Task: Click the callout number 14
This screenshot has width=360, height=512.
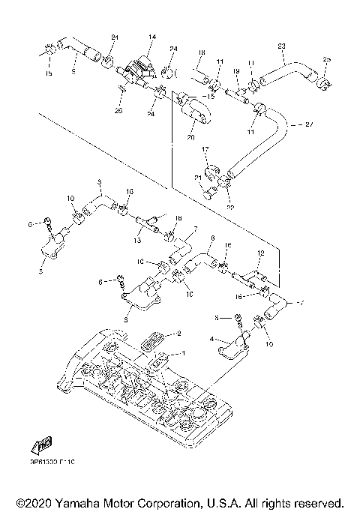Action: tap(151, 37)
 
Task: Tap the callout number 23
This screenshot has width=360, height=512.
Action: tap(281, 46)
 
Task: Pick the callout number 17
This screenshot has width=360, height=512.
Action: tap(205, 150)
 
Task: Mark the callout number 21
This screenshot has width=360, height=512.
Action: tap(198, 177)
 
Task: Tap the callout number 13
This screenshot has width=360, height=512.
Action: tap(137, 241)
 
